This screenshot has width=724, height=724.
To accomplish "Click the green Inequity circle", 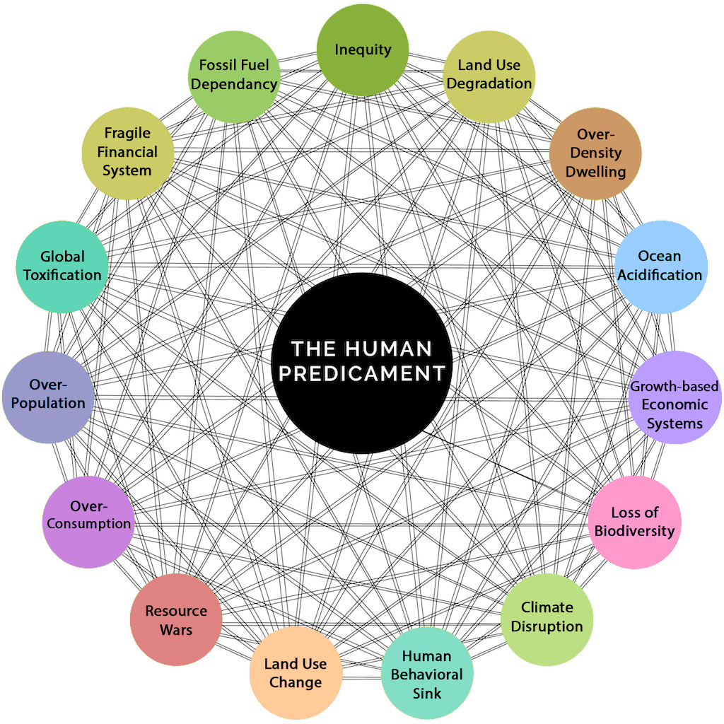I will (362, 49).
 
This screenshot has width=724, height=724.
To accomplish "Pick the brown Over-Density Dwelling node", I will (595, 153).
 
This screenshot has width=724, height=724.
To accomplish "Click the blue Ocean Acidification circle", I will (660, 267).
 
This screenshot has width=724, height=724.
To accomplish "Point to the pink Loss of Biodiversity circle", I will (634, 522).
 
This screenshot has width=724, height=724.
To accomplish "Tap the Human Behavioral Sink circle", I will (426, 673).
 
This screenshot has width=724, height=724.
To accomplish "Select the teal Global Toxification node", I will (62, 267).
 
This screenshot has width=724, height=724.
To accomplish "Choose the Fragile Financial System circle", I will (127, 153).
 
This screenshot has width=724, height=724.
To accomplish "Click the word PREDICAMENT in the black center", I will (362, 373).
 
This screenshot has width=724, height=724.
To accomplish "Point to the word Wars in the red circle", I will (176, 629).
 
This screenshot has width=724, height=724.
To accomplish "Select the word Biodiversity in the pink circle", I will (634, 531).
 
